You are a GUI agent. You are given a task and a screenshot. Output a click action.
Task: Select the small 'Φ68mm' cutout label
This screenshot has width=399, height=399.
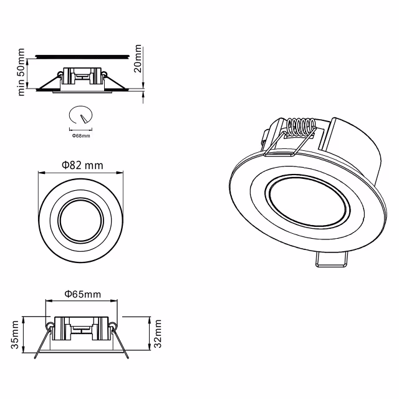[x=81, y=135]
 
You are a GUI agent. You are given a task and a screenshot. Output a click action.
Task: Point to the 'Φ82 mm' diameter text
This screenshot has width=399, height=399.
[x=82, y=165]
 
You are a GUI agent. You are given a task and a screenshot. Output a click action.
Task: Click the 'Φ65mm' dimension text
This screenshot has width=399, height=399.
[x=82, y=294]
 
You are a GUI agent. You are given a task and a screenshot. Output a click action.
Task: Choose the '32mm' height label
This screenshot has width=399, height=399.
[x=158, y=335]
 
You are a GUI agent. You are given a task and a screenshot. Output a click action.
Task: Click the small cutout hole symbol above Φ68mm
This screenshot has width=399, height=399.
[x=81, y=116]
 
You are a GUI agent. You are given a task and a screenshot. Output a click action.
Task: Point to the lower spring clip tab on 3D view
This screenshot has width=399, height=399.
[x=332, y=260]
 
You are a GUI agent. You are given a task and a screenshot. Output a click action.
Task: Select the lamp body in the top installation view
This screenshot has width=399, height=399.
[x=81, y=78]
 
